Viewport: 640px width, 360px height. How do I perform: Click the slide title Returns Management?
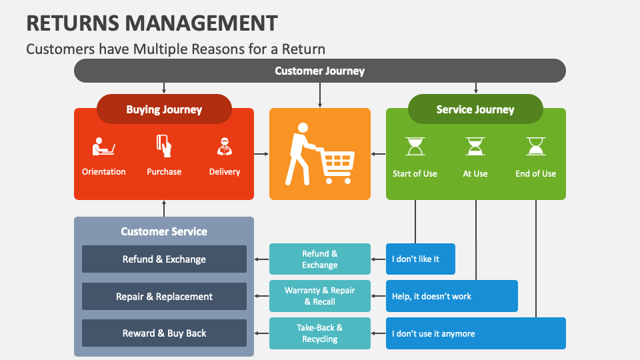(x=152, y=23)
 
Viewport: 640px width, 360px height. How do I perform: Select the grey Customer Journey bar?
(x=319, y=71)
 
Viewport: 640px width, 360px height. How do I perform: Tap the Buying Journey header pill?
(x=164, y=109)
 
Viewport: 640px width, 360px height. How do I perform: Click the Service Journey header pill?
(x=475, y=109)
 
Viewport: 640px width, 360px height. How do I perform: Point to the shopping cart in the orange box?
(x=337, y=164)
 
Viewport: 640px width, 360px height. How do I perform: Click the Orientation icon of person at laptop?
(x=103, y=146)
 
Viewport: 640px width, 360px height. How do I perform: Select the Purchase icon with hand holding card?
(x=164, y=145)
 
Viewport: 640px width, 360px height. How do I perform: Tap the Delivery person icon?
(x=225, y=146)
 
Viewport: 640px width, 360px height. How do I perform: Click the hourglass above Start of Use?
(x=415, y=146)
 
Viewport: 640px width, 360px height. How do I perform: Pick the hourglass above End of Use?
(x=535, y=146)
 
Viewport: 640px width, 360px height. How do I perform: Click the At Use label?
(x=475, y=173)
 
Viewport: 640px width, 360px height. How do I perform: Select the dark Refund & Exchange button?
(x=164, y=259)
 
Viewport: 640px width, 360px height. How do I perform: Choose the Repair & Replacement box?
(x=164, y=297)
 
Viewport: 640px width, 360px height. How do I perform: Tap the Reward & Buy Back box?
(x=164, y=333)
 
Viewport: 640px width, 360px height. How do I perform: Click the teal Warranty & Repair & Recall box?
(x=319, y=296)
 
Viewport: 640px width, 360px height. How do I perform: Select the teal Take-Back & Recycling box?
(x=319, y=333)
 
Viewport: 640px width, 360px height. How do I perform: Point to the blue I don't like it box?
(x=421, y=259)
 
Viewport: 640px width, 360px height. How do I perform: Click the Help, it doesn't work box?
(x=451, y=296)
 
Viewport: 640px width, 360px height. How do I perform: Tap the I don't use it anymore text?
(x=433, y=333)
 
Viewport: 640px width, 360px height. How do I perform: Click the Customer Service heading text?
(x=164, y=231)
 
